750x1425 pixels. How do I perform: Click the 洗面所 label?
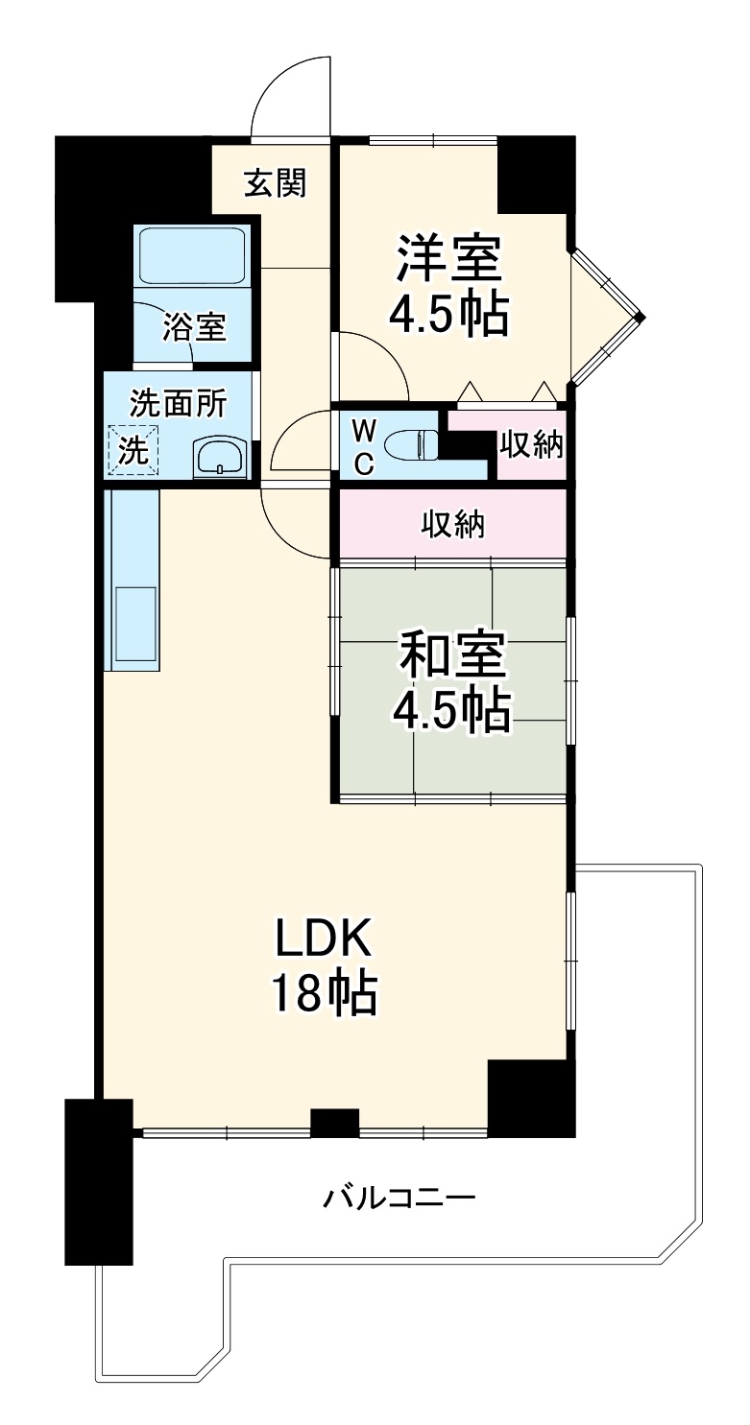178,402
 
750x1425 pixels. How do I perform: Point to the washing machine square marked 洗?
133,450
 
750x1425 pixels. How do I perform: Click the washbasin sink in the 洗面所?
218,457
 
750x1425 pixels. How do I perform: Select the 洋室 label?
448,258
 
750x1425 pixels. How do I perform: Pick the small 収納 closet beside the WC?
531,444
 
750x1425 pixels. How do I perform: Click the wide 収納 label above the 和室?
452,525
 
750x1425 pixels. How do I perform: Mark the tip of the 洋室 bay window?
643,317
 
